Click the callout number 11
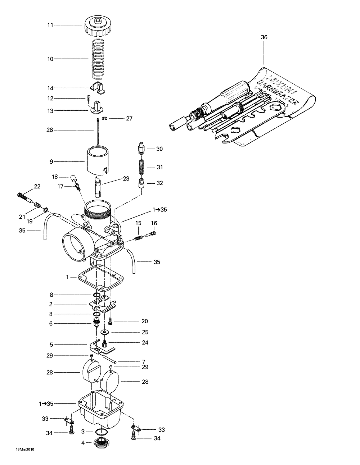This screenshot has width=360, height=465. pos(50,25)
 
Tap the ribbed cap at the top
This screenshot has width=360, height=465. pos(97,26)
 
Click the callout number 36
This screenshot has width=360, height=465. pos(264,37)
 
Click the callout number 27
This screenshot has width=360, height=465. pos(129,118)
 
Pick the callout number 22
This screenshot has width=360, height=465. pos(37,187)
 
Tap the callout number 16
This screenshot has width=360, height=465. pos(154,223)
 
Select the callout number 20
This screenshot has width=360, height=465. pos(145,321)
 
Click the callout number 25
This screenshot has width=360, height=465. pos(145,332)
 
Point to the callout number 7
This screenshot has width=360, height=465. pos(143,361)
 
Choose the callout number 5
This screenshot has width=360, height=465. pos(51,345)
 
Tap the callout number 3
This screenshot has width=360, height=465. pos(83,431)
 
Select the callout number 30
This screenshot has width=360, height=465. pos(159,149)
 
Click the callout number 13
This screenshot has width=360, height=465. pos(50,111)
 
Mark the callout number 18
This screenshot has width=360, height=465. pos(55,177)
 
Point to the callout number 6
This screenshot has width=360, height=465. pos(51,324)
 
